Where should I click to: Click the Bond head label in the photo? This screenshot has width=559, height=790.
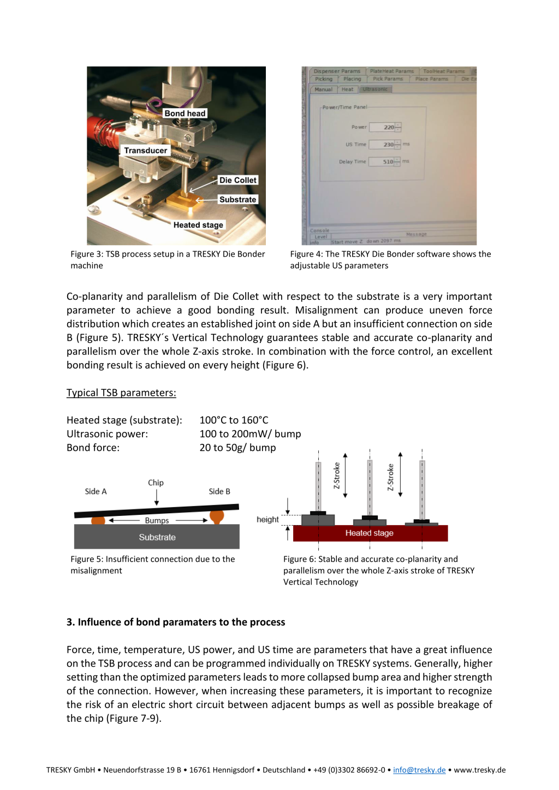coord(185,114)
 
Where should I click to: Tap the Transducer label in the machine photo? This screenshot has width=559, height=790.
coord(145,151)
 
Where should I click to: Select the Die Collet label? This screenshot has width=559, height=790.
coord(237,180)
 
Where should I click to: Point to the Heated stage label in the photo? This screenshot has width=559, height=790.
coord(198,225)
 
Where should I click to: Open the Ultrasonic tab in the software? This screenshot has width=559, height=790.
coord(375,89)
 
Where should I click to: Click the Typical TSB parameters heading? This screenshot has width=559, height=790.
coord(121,393)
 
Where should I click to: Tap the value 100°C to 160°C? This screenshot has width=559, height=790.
coord(234,420)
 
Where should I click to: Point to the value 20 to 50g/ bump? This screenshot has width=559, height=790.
coord(237,447)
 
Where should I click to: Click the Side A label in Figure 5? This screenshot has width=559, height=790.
coord(96,491)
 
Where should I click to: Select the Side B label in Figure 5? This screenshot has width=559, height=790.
coord(219,491)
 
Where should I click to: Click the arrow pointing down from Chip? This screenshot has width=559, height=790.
coord(157,497)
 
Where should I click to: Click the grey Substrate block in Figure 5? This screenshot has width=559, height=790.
coord(157,537)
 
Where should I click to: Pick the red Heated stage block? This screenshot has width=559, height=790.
coord(370,533)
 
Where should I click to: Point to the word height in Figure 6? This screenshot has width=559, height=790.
coord(267,520)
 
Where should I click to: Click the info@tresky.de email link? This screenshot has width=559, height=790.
coord(419,770)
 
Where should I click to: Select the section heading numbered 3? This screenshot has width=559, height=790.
coord(176,622)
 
